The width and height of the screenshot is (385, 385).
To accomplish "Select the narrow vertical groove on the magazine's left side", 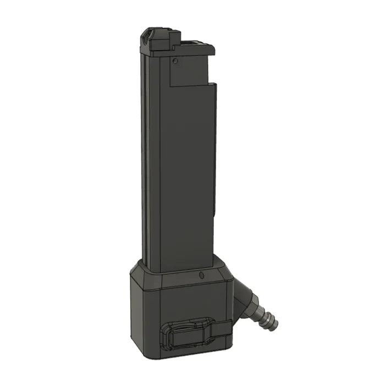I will click(145, 165).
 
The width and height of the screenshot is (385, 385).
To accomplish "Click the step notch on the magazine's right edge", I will click(212, 85).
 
